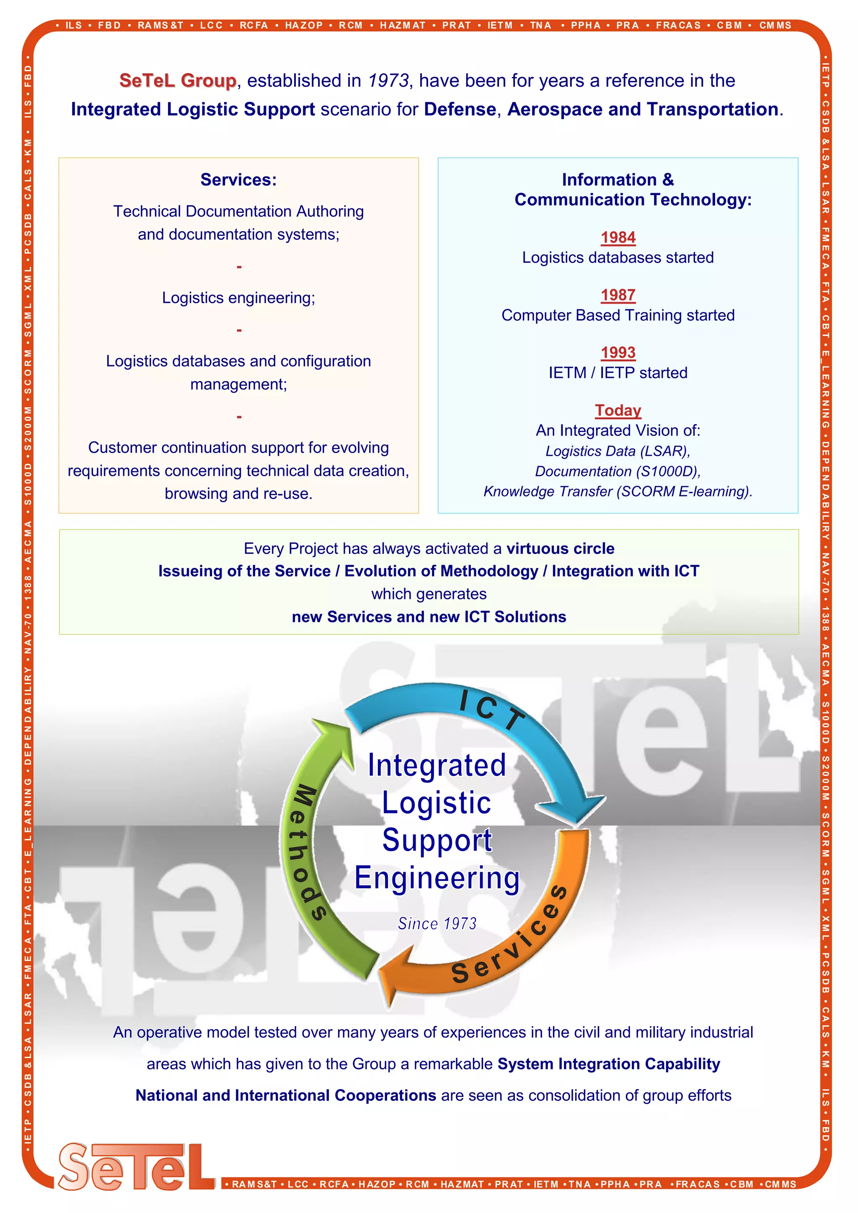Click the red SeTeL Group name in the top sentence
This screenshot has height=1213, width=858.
coord(178,81)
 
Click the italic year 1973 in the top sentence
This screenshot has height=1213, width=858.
coord(388,81)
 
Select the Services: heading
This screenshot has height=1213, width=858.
coord(238,180)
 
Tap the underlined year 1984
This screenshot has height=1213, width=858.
coord(618,237)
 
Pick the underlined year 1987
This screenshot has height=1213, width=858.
coord(618,295)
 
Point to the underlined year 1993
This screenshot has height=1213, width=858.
coord(618,352)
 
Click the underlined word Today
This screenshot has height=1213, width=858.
coord(618,410)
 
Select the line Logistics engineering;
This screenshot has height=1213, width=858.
coord(238,298)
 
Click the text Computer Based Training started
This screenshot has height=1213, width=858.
coord(618,315)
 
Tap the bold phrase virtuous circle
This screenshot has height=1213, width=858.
coord(560,548)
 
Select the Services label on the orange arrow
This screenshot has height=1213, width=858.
coord(510,935)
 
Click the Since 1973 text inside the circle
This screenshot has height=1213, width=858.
coord(437,924)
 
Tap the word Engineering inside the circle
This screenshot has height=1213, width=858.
coord(437,879)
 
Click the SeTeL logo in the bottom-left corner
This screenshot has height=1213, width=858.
coord(136,1167)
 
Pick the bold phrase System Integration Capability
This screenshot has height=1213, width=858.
coord(609,1063)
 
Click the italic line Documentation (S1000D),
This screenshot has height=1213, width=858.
coord(618,471)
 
